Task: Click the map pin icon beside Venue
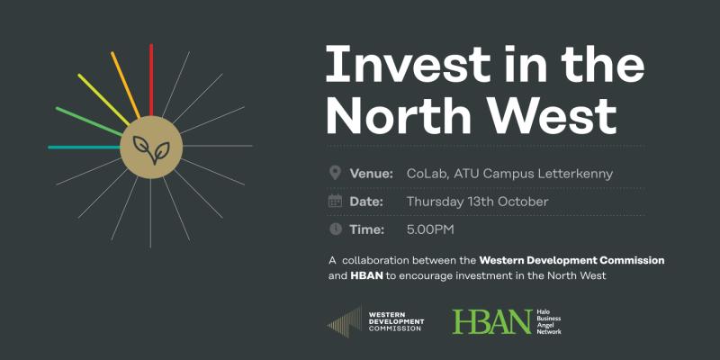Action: point(336,172)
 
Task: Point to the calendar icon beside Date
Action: point(336,201)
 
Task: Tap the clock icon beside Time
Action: point(336,229)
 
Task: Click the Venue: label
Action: point(372,173)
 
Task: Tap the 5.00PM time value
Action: point(431,229)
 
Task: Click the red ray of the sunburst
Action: point(151,79)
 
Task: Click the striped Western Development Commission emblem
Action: point(346,321)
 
